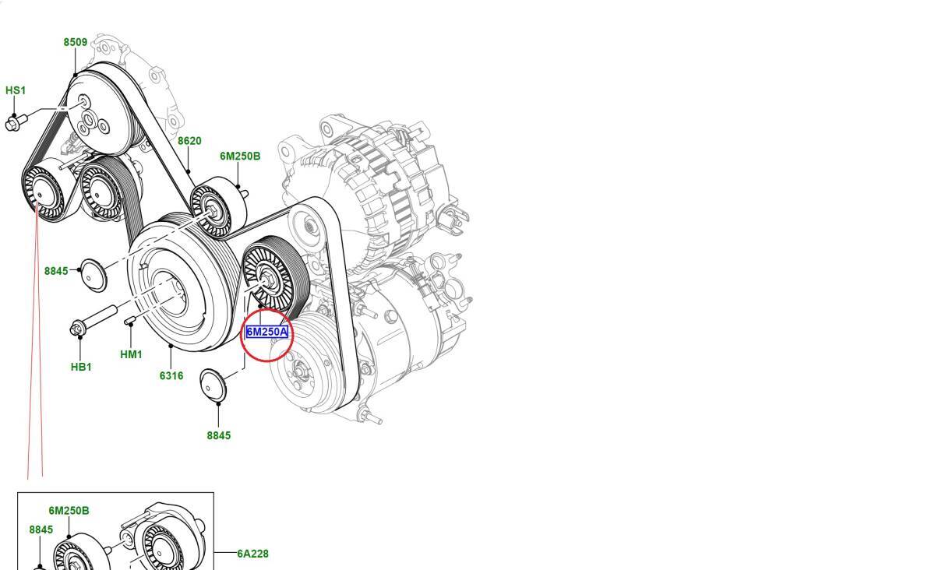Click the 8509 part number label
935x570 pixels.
tap(76, 42)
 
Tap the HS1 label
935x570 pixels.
tap(16, 90)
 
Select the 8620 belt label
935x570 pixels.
tap(189, 141)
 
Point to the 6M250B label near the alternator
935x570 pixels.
tap(240, 156)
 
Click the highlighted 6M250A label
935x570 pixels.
tap(267, 332)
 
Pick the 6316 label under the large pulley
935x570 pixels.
tap(171, 376)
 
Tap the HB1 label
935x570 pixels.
tap(81, 368)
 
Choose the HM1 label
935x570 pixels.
tap(131, 354)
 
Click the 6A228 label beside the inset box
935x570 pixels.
tap(253, 554)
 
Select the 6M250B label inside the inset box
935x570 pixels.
tap(69, 511)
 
